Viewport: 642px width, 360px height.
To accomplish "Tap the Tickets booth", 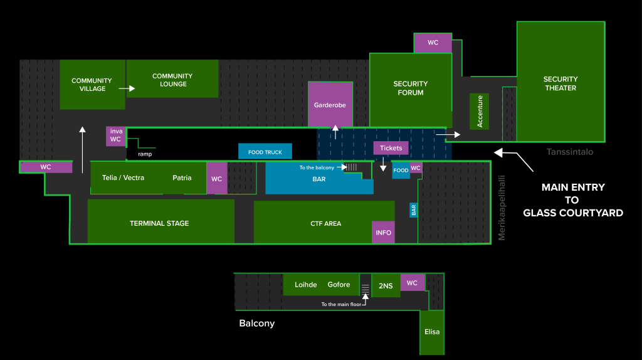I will pos(391,148).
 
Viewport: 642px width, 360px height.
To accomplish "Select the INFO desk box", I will pos(383,232).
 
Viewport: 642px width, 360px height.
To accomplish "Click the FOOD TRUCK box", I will pos(265,152).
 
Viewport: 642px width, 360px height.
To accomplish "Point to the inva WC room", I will pos(115,135).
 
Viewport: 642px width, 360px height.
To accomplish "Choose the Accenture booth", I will pos(480,112).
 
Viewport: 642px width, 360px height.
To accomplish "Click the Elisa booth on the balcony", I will pos(432,332).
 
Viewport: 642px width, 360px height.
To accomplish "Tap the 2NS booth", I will pos(386,285).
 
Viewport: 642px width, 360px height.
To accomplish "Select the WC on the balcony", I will pos(412,283).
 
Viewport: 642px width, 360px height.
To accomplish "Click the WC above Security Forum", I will pos(433,43).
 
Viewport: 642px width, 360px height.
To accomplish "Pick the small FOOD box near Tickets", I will pos(401,171).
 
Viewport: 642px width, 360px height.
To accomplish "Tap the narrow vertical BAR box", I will pos(413,210).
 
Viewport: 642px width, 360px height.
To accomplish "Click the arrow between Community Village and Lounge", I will pos(127,89).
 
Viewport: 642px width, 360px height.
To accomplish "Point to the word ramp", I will pos(145,154).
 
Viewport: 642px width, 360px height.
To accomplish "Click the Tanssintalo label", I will pos(569,152).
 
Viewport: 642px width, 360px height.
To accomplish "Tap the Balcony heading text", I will pos(256,324).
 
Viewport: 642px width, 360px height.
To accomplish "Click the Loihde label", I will pos(306,285).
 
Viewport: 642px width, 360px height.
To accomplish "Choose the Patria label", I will pos(182,177).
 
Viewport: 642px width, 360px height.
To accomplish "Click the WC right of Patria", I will pos(216,179).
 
